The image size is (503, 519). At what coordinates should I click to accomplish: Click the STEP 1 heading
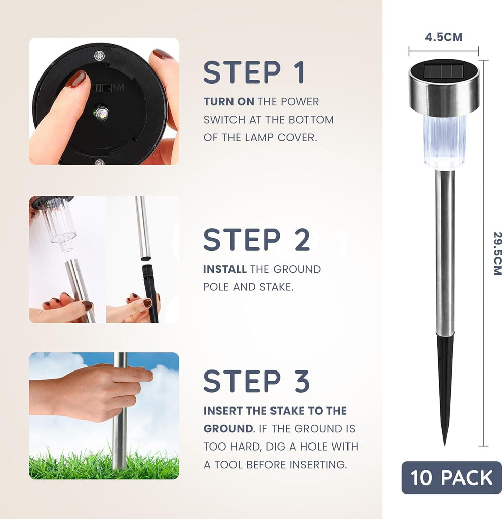tap(254, 72)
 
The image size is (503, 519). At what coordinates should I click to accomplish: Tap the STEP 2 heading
tap(257, 240)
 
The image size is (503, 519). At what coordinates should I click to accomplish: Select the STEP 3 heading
tap(257, 381)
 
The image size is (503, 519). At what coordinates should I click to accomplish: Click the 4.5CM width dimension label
tap(444, 37)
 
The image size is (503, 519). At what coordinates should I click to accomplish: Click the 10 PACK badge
tap(451, 477)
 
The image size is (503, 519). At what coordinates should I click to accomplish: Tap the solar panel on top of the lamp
tap(443, 71)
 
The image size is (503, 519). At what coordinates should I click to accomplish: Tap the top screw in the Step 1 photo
tap(99, 56)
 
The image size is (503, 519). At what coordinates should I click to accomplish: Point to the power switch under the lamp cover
tap(105, 88)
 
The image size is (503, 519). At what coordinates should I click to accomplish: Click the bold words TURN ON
tap(229, 101)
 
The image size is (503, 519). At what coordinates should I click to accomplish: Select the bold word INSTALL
tap(225, 269)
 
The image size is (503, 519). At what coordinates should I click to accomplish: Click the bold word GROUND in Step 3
tap(228, 429)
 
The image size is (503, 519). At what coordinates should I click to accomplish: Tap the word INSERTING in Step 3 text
tap(318, 465)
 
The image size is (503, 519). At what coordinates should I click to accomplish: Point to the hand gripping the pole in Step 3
tap(91, 392)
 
